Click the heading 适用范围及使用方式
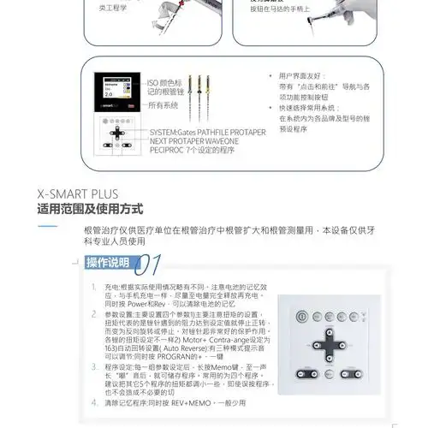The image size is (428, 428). coord(90,209)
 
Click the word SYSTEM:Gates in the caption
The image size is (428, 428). coord(175,132)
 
